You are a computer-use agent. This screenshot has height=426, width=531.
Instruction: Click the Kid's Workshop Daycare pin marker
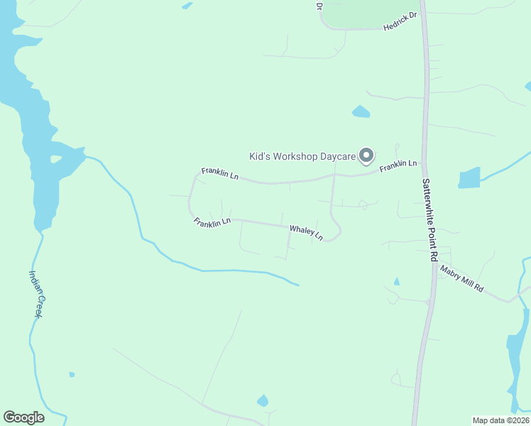(x=366, y=154)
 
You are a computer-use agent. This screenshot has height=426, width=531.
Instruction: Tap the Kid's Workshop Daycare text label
(x=302, y=156)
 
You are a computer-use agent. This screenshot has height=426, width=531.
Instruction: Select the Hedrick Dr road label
(x=400, y=20)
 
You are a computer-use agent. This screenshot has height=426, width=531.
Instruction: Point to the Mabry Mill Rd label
(x=461, y=278)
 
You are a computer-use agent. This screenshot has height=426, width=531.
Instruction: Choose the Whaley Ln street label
(x=306, y=231)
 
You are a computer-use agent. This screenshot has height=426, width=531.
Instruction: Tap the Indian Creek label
(x=37, y=293)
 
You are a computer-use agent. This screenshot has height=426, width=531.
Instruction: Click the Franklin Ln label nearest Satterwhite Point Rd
(x=398, y=165)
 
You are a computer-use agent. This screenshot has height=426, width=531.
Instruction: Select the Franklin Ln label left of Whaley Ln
(x=212, y=222)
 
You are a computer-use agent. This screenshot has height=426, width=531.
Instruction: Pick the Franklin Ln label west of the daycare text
(x=219, y=173)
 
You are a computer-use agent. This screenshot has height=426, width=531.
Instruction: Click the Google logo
(x=23, y=417)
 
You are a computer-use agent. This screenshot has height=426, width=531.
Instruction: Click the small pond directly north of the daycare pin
(x=361, y=111)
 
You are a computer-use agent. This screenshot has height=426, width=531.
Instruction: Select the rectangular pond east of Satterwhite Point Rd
(x=469, y=177)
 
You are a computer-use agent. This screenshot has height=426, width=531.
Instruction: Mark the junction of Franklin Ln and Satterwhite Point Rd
(x=424, y=163)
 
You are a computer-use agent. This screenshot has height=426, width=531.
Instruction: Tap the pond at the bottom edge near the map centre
(x=263, y=401)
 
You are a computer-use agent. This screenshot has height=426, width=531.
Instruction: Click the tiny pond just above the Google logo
(x=72, y=374)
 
